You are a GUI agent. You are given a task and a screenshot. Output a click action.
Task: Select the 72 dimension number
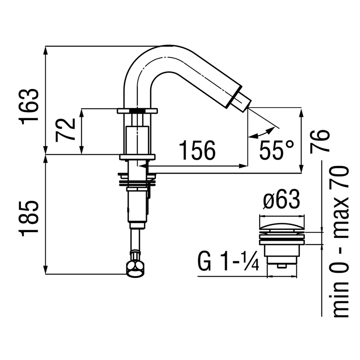tap(66, 130)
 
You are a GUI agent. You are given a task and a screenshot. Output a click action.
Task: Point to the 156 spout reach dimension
tap(197, 150)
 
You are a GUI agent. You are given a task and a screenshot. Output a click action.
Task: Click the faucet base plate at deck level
tap(138, 157)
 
